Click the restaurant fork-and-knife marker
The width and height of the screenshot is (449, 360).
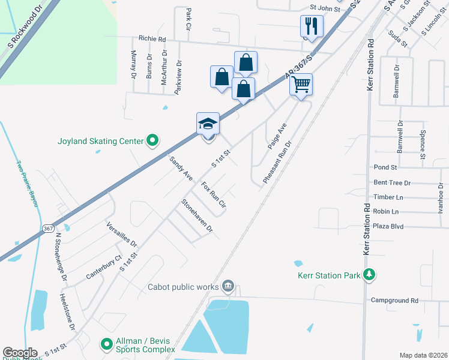coord(312,26)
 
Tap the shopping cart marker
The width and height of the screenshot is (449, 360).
coord(301,84)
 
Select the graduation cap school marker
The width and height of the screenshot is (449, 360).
coord(208,124)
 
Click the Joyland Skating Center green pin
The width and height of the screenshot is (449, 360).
coord(152,142)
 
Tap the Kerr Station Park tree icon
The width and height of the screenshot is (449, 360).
coord(370,275)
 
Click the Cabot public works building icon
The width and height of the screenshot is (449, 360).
coord(228,286)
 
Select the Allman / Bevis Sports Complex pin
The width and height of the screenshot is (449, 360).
coord(107,344)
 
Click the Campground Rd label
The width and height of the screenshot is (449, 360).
coord(394,300)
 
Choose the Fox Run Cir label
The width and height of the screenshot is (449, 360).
coord(213,194)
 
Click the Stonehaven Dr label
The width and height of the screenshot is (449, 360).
coord(197,216)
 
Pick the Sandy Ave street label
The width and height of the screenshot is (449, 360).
coord(181,169)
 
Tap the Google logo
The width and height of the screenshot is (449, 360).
coord(20,352)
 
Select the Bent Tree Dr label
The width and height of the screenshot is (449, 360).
coord(391,182)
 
